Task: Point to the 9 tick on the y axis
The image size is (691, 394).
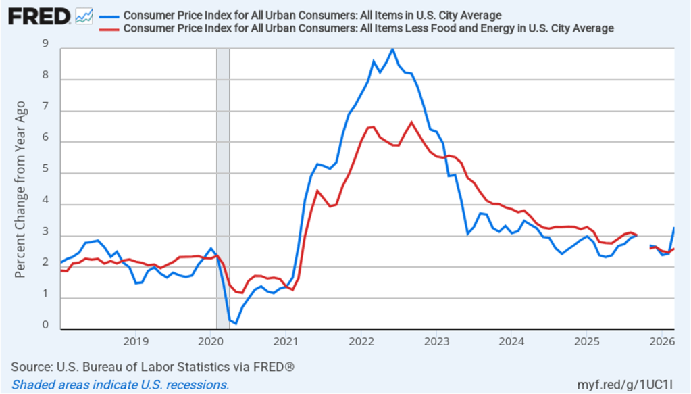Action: coord(45,45)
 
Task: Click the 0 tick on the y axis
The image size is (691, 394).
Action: coord(45,325)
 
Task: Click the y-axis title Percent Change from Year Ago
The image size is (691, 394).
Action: coord(21,189)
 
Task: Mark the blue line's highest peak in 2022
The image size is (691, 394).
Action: coord(392,49)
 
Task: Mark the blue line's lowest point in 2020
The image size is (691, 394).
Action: coord(236,324)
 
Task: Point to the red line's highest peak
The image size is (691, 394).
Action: coord(411,122)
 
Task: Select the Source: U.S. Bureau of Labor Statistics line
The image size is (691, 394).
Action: coord(153,367)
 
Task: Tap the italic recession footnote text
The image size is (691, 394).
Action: coord(120,385)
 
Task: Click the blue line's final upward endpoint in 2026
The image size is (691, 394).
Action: coord(674,228)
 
